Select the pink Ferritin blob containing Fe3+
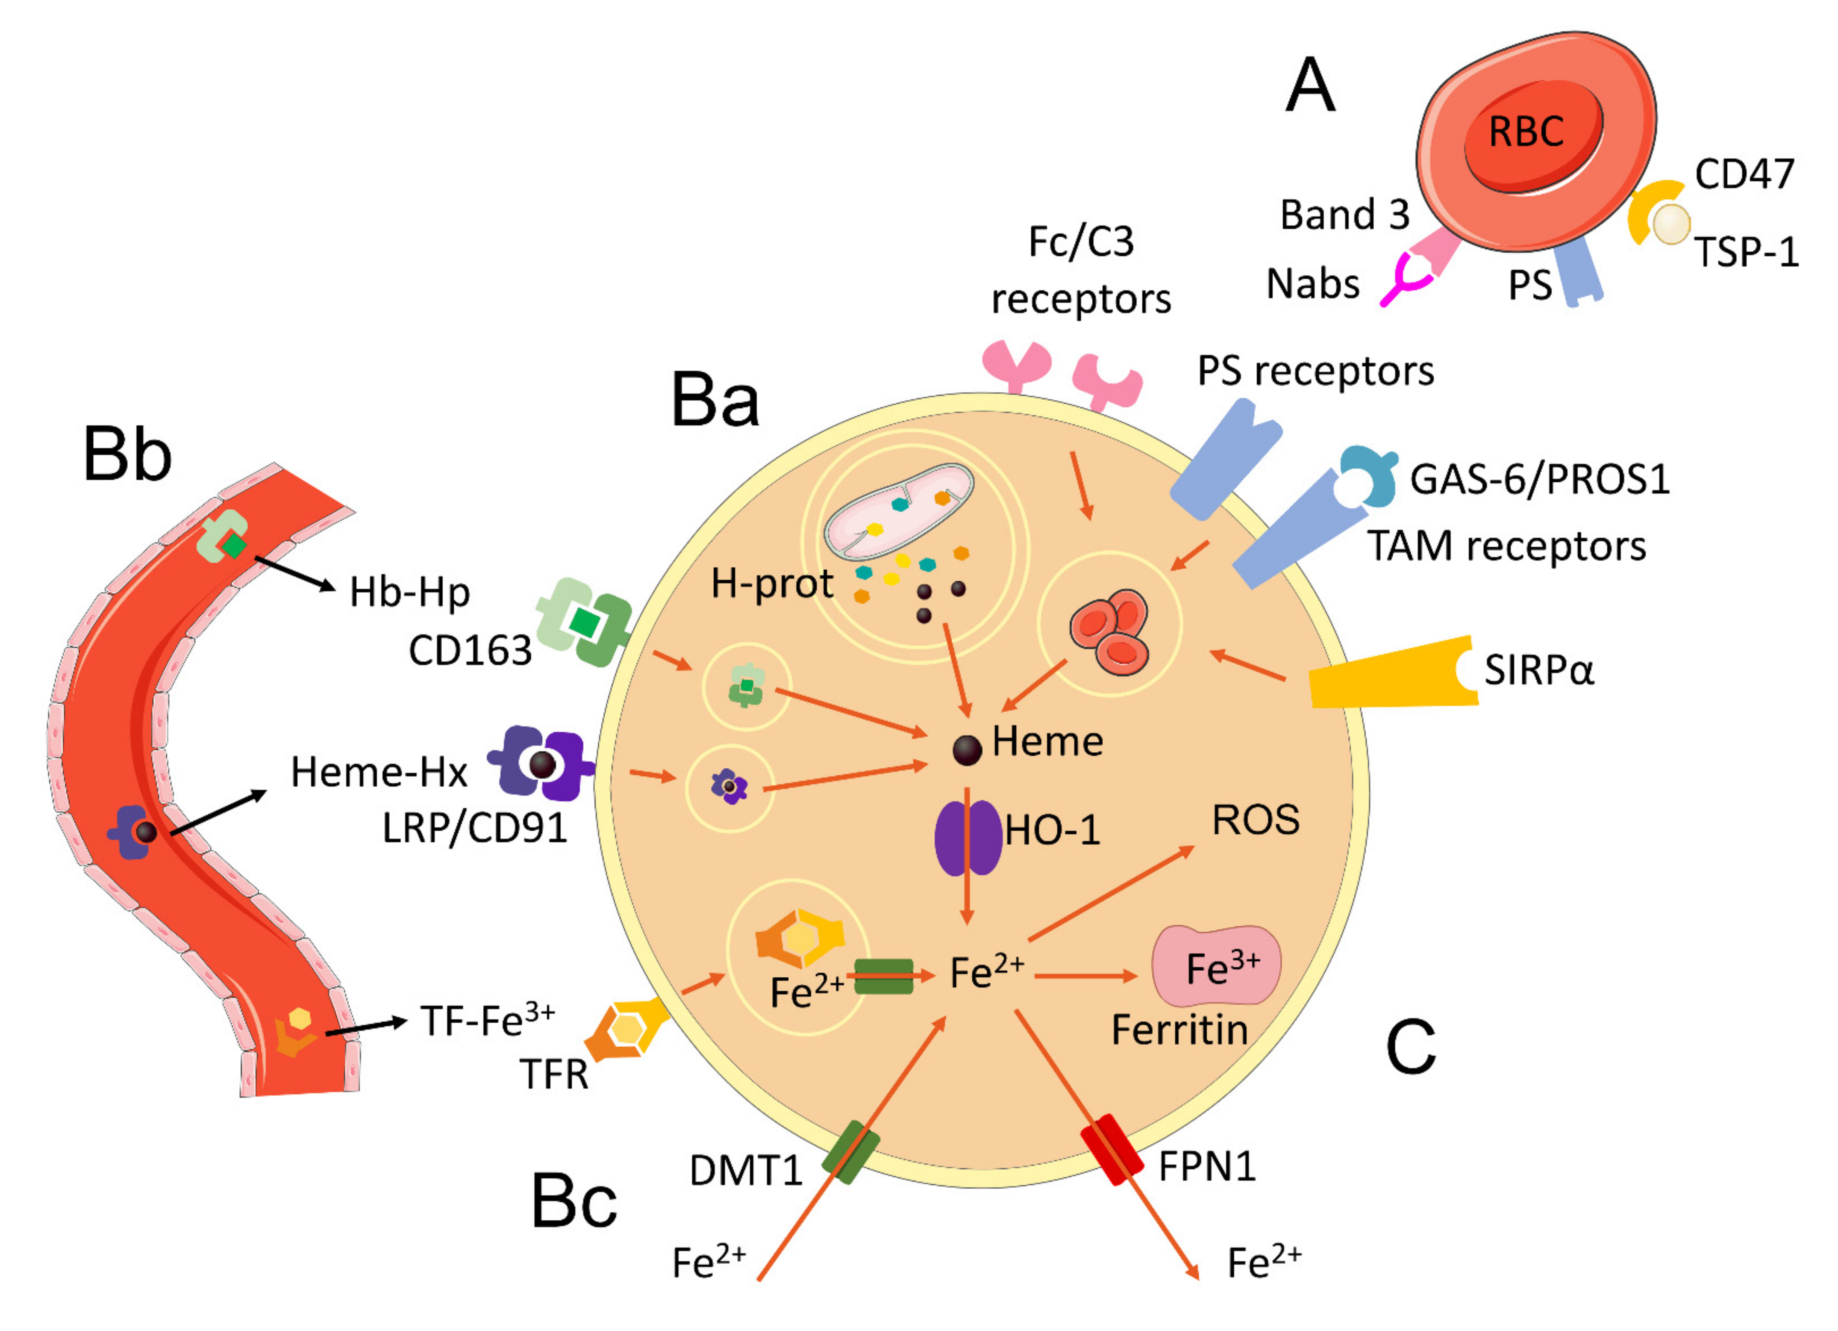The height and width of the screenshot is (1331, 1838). coord(1216,966)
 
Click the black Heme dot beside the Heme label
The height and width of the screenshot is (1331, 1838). coord(967,750)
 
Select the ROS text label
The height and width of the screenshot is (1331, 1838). coord(1255,820)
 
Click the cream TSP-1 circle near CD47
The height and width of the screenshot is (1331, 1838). coord(1671,224)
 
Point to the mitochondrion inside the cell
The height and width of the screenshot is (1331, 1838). coord(898,512)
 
